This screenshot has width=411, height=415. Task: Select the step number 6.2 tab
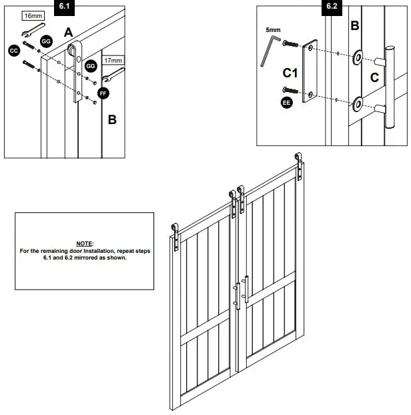pyautogui.click(x=332, y=7)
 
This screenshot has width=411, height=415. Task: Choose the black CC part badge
pyautogui.click(x=14, y=50)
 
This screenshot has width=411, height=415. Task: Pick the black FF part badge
pyautogui.click(x=103, y=93)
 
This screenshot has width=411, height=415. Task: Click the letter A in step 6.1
pyautogui.click(x=68, y=31)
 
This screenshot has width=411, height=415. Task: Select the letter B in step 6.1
pyautogui.click(x=111, y=120)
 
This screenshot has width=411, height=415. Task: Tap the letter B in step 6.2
pyautogui.click(x=354, y=26)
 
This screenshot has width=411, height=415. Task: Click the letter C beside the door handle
pyautogui.click(x=374, y=77)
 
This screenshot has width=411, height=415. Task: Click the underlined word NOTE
pyautogui.click(x=84, y=244)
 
